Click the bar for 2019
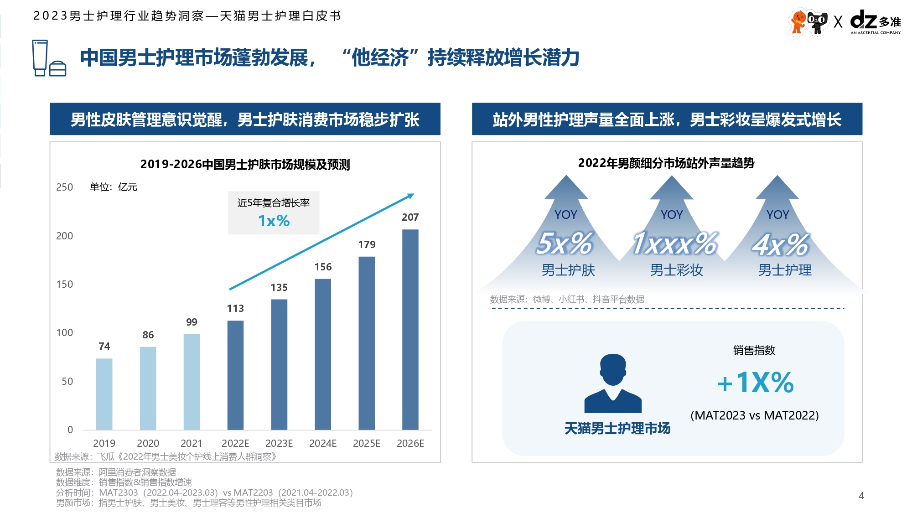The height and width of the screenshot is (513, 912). coord(104,394)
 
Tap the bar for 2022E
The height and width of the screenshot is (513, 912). coord(235,375)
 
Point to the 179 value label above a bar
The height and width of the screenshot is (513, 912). coord(367,245)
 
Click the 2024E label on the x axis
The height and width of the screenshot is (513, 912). coord(323,443)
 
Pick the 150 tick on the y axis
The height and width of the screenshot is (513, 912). coord(64,285)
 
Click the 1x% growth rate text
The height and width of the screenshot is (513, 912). coord(274,221)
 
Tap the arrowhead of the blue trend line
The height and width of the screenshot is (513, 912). coord(410,196)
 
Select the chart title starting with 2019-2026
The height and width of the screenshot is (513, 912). coord(245,165)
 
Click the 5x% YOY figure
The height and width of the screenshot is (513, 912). coord(565,244)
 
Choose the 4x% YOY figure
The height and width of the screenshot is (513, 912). coord(781,244)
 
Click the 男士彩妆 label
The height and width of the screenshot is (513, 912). coord(676,270)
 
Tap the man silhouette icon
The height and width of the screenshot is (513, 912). coord(613,383)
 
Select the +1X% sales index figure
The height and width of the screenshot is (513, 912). coord(756,383)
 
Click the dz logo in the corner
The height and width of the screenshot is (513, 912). coord(864,21)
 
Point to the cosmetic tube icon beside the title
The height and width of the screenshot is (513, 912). coord(40,58)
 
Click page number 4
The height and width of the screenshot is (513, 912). coord(861,496)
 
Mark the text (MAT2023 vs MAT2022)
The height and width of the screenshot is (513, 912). coord(754,415)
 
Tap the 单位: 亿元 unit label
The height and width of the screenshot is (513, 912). coord(114,187)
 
